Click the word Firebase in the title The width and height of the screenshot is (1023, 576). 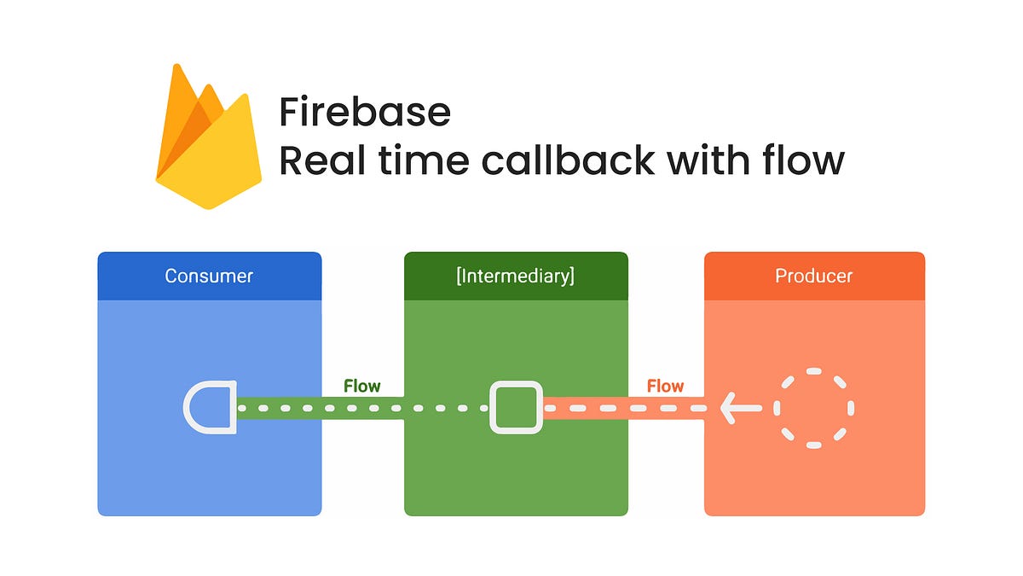coord(365,112)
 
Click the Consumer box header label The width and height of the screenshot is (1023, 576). coord(209,276)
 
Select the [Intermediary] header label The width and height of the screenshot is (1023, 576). coord(516,276)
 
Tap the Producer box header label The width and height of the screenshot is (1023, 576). coord(813,276)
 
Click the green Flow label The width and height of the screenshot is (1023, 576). coord(361,386)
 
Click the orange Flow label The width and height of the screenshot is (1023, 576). coord(665,386)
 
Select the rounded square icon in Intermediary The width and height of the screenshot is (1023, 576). coord(516,407)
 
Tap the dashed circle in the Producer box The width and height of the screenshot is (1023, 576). coord(813,408)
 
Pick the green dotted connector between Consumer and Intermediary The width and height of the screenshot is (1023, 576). coord(362,409)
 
